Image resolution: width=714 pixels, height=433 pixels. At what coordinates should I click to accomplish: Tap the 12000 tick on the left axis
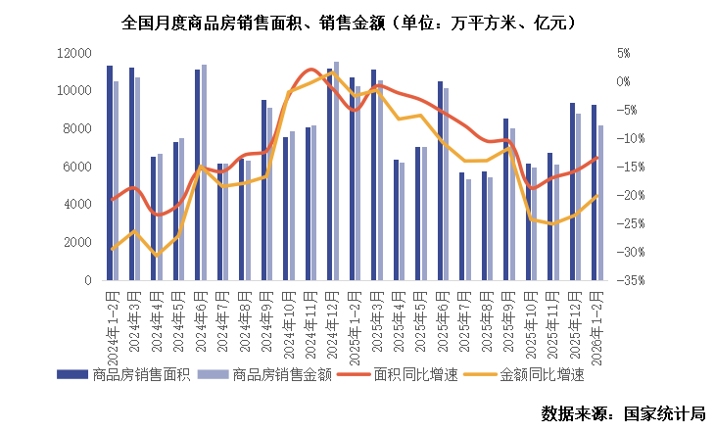tap(74, 53)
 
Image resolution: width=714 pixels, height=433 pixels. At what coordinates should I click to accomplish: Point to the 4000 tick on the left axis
tap(77, 205)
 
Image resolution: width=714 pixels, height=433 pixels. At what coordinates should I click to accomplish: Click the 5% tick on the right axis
tap(623, 53)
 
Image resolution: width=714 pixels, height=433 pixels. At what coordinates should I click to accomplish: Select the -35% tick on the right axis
tap(628, 280)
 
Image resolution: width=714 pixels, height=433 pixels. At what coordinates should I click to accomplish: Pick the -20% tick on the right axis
tap(628, 196)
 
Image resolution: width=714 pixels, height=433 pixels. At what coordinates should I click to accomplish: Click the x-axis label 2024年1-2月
tap(112, 313)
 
